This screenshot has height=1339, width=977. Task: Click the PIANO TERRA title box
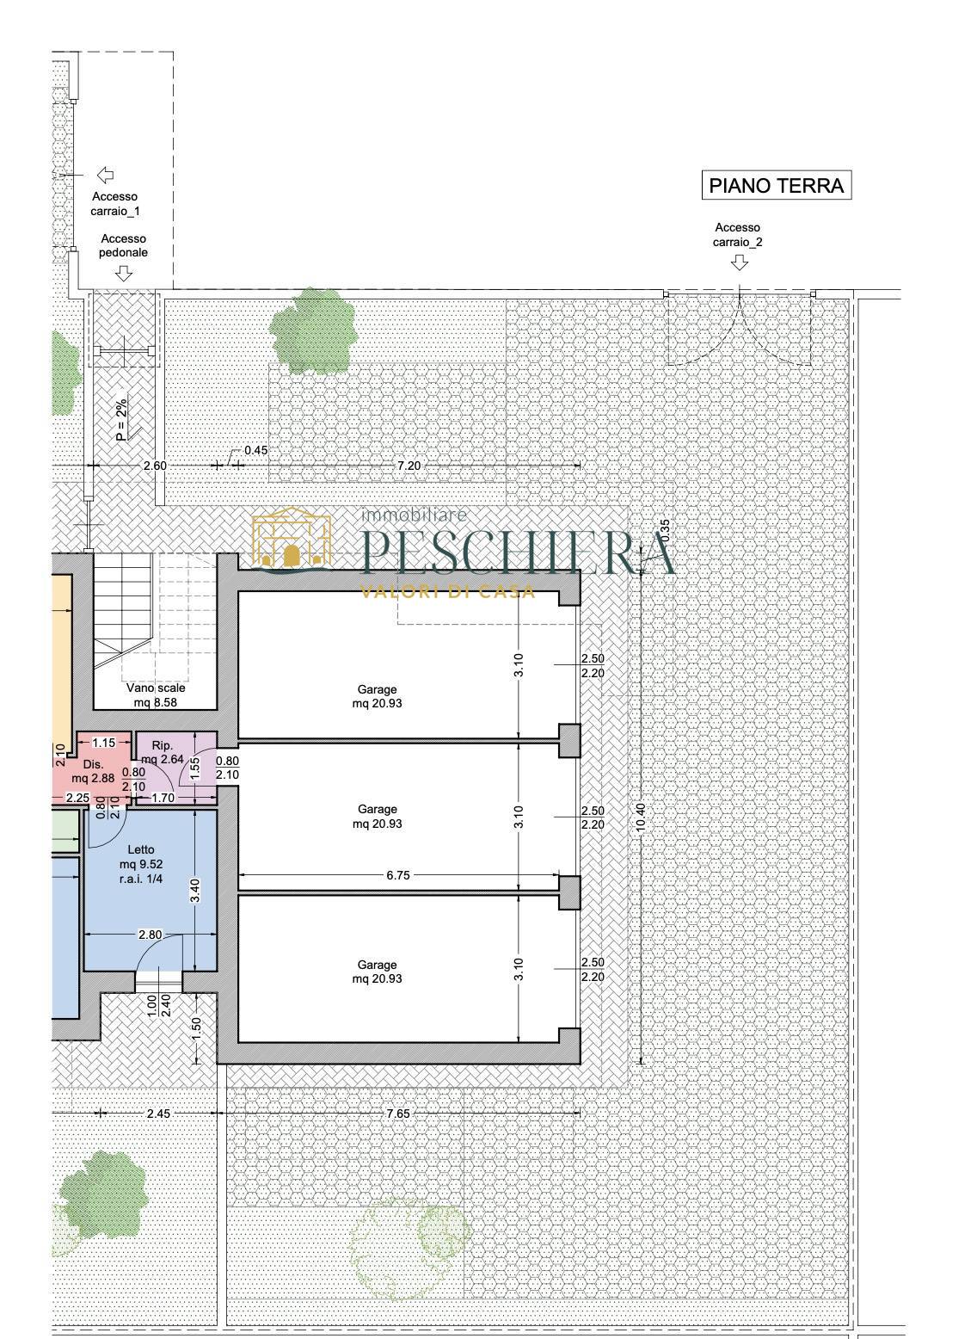[x=777, y=185]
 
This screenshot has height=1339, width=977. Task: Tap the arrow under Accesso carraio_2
[x=740, y=262]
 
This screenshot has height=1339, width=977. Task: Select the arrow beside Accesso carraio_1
[x=105, y=176]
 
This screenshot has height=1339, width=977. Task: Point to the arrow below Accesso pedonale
[x=124, y=273]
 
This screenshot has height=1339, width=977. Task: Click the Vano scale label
[x=156, y=694]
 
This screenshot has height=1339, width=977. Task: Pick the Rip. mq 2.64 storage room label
[x=163, y=752]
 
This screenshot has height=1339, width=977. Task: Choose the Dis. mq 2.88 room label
[x=93, y=771]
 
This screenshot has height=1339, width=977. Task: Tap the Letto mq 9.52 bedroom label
[x=141, y=864]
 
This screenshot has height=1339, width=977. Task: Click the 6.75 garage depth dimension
[x=398, y=875]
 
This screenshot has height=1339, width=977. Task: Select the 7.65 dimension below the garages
[x=398, y=1113]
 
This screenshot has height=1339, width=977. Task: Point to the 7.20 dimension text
[x=409, y=465]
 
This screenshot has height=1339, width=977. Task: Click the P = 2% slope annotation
[x=121, y=420]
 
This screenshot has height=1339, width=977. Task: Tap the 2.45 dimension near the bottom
[x=158, y=1113]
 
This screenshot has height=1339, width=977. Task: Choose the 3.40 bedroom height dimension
[x=195, y=891]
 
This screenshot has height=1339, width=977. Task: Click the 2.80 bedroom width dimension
[x=150, y=935]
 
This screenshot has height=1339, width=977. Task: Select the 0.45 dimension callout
[x=255, y=450]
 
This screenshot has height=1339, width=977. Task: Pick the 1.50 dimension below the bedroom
[x=197, y=1028]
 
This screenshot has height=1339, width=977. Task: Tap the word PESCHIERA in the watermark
[x=519, y=552]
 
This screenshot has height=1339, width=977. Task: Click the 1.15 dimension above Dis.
[x=103, y=743]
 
